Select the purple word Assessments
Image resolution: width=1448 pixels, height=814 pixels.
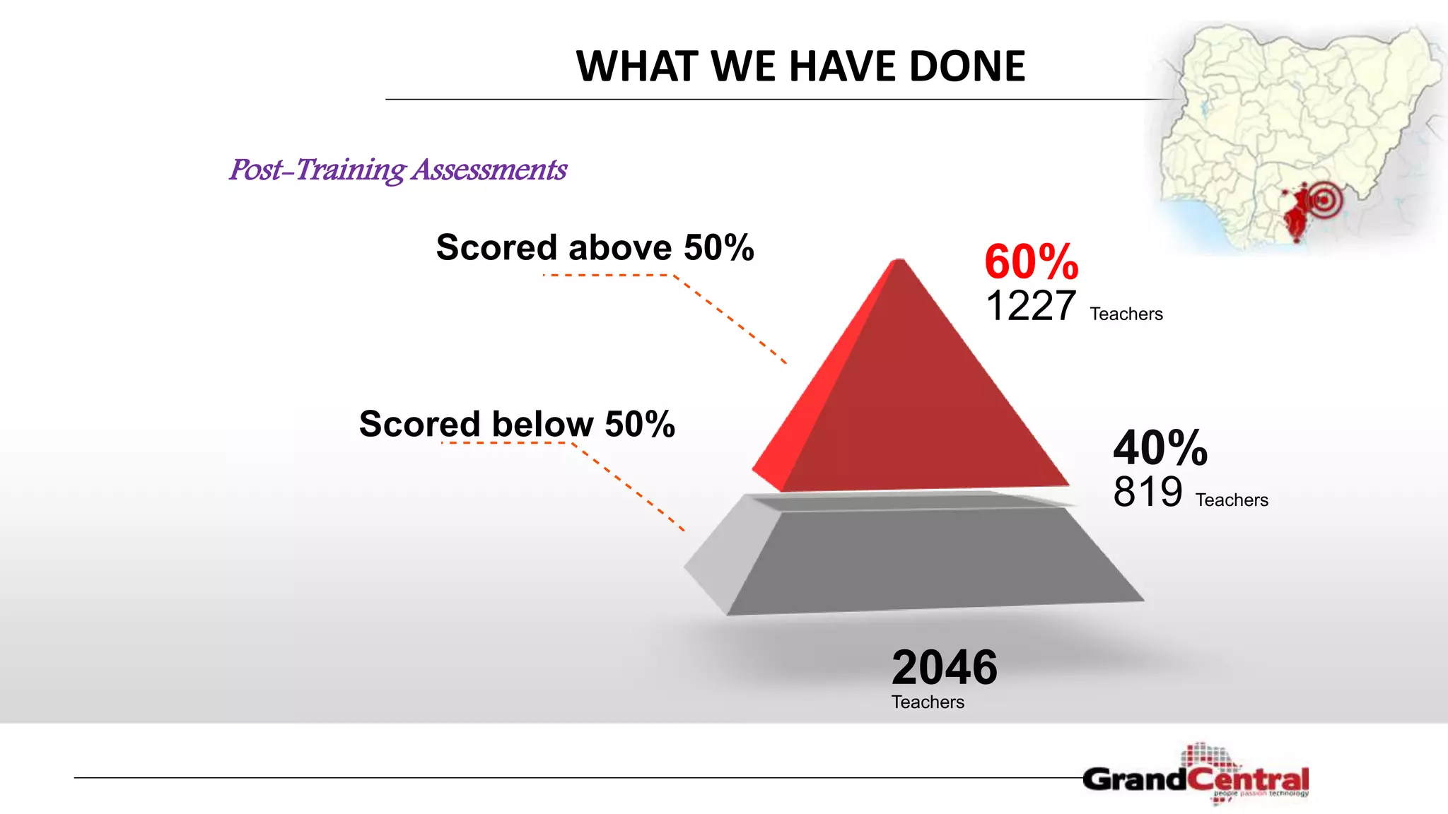[490, 170]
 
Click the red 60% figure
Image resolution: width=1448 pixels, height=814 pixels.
[1032, 261]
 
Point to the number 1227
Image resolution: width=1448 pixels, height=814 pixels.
[1030, 306]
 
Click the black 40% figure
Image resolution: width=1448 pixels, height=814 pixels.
[1160, 448]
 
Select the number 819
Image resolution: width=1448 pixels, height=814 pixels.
[1148, 492]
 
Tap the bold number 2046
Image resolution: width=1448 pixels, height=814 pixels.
[944, 667]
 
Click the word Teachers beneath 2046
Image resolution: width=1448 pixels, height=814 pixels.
[928, 702]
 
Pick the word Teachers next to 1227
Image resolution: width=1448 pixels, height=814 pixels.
[1126, 314]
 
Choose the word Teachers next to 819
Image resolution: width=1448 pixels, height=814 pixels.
[1232, 500]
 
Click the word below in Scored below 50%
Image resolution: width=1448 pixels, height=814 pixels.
[542, 425]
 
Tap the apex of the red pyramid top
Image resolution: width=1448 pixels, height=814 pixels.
[899, 261]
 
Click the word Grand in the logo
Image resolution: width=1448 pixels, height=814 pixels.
[1134, 779]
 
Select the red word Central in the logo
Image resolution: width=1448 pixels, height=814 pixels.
[1248, 780]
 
